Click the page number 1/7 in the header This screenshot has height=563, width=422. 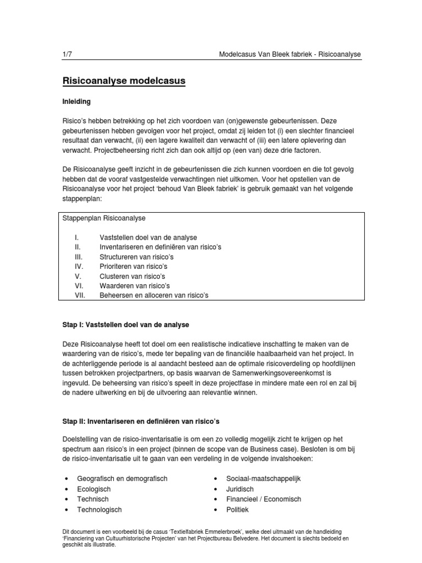pyautogui.click(x=68, y=54)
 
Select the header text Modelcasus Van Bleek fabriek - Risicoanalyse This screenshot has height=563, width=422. pyautogui.click(x=290, y=54)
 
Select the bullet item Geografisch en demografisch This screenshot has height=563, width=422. pyautogui.click(x=122, y=479)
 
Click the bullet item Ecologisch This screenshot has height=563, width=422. pyautogui.click(x=94, y=489)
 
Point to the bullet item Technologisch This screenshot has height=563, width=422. pyautogui.click(x=99, y=510)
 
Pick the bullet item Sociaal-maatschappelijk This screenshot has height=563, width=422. pyautogui.click(x=263, y=479)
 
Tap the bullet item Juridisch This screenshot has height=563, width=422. pyautogui.click(x=240, y=489)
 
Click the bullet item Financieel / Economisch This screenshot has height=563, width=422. pyautogui.click(x=264, y=499)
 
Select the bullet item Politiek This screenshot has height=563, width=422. pyautogui.click(x=237, y=510)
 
